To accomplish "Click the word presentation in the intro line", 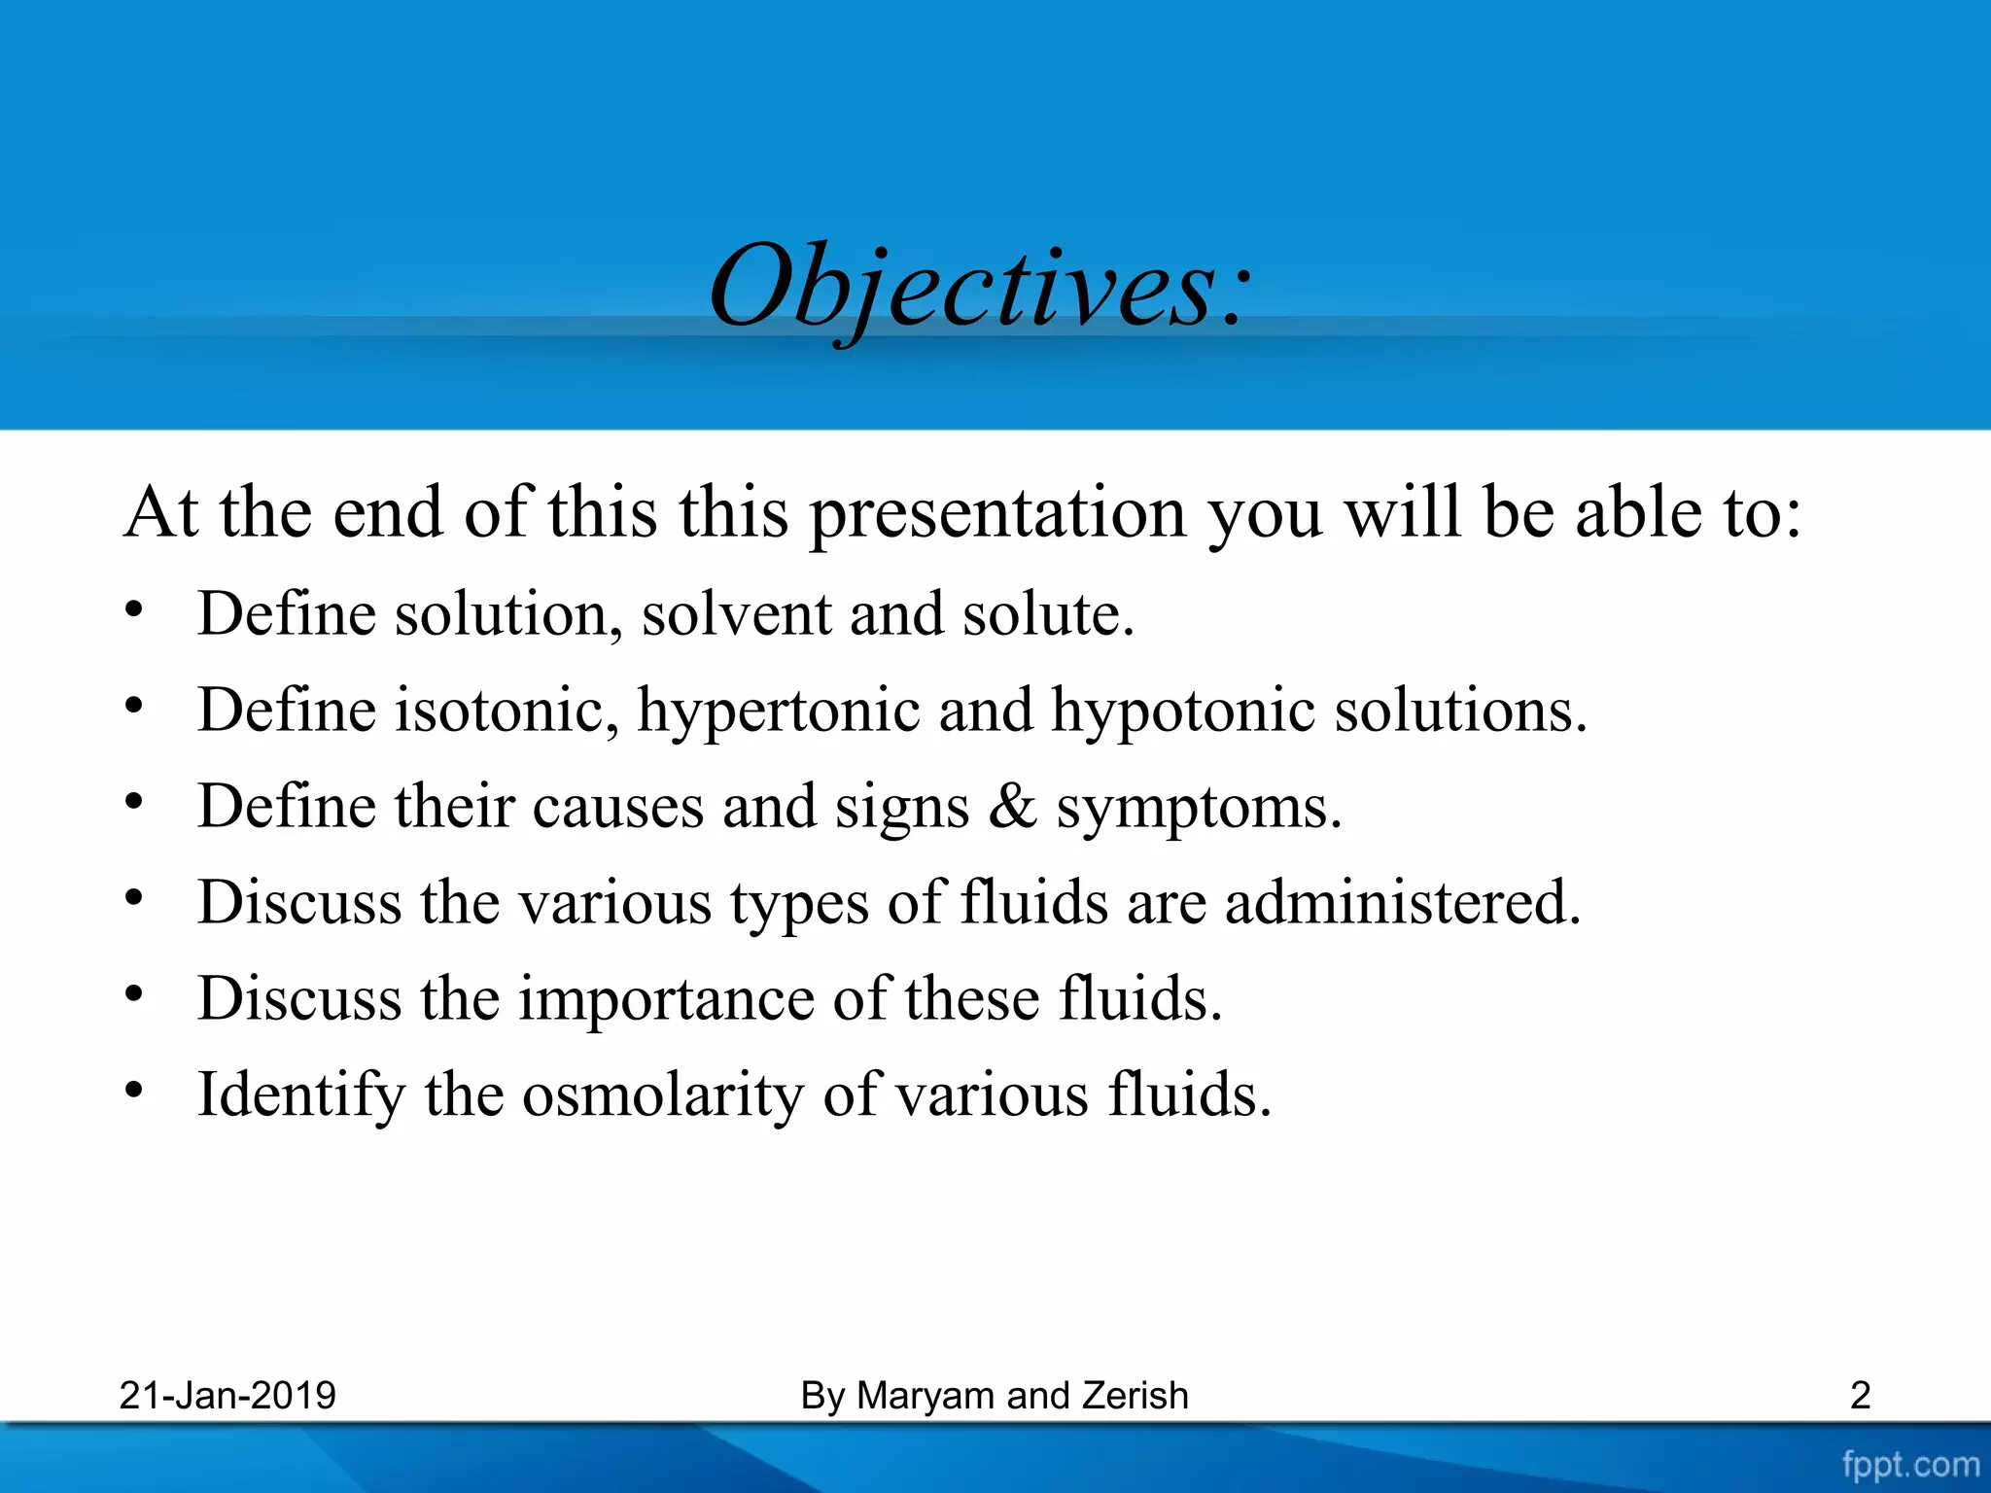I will click(997, 514).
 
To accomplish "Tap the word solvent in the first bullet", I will click(736, 614).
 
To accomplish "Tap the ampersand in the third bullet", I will click(1012, 806).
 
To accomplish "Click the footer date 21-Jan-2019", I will click(227, 1396).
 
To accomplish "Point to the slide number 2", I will click(1860, 1396).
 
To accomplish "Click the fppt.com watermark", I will click(1910, 1464).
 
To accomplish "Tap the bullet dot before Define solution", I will click(134, 611).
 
